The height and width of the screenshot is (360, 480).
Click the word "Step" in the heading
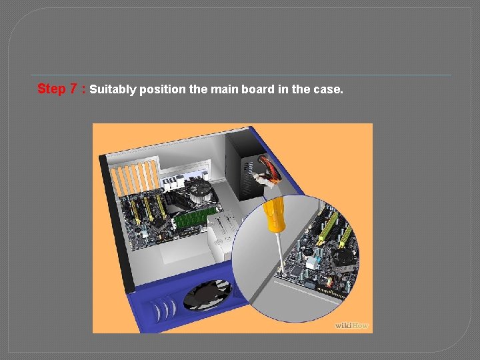(x=51, y=89)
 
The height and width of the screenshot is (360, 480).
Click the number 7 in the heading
(x=74, y=89)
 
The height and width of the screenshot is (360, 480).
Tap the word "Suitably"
(x=113, y=89)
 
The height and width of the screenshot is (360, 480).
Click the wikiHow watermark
(x=352, y=325)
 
